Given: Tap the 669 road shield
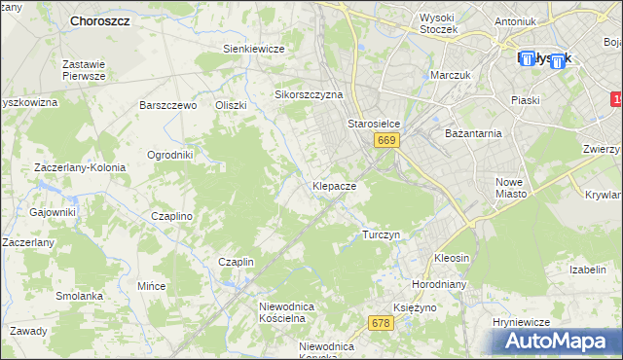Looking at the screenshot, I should click(x=386, y=141).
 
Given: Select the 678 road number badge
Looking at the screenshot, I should click(x=381, y=322).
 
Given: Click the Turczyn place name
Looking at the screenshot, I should click(x=382, y=235).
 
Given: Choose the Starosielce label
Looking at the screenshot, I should click(x=375, y=125).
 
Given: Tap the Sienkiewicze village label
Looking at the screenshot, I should click(x=253, y=49).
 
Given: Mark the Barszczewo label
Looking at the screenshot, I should click(x=168, y=105).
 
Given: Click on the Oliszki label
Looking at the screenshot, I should click(x=232, y=105).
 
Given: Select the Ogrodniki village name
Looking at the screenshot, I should click(x=170, y=155).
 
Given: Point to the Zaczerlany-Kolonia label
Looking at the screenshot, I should click(x=80, y=167).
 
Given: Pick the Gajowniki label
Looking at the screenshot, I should click(x=53, y=212).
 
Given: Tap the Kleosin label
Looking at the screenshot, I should click(x=452, y=259).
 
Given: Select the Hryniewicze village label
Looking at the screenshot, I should click(x=522, y=322).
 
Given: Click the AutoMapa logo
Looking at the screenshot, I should click(x=557, y=342).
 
